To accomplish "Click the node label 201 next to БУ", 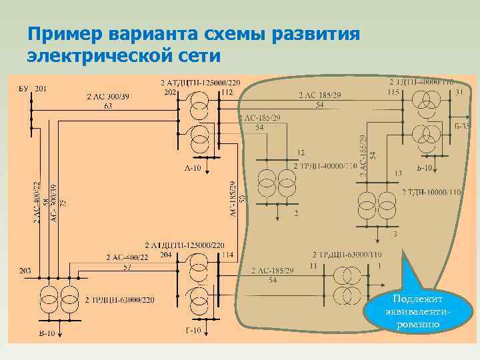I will coord(41,89).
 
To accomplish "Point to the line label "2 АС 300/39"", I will coord(107,97).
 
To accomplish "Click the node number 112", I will coord(227,92).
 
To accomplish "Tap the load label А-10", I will coord(193,167).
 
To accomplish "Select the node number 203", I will coord(25,271).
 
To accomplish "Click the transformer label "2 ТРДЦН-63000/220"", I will coord(121,300).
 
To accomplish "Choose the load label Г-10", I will coord(193,331).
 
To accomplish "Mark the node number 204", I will coord(166,255).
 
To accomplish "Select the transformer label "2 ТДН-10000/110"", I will coord(431,192).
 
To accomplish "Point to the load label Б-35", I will coord(461,125).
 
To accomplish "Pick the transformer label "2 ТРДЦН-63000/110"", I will coord(347,255).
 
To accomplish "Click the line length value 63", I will coord(108,106).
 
